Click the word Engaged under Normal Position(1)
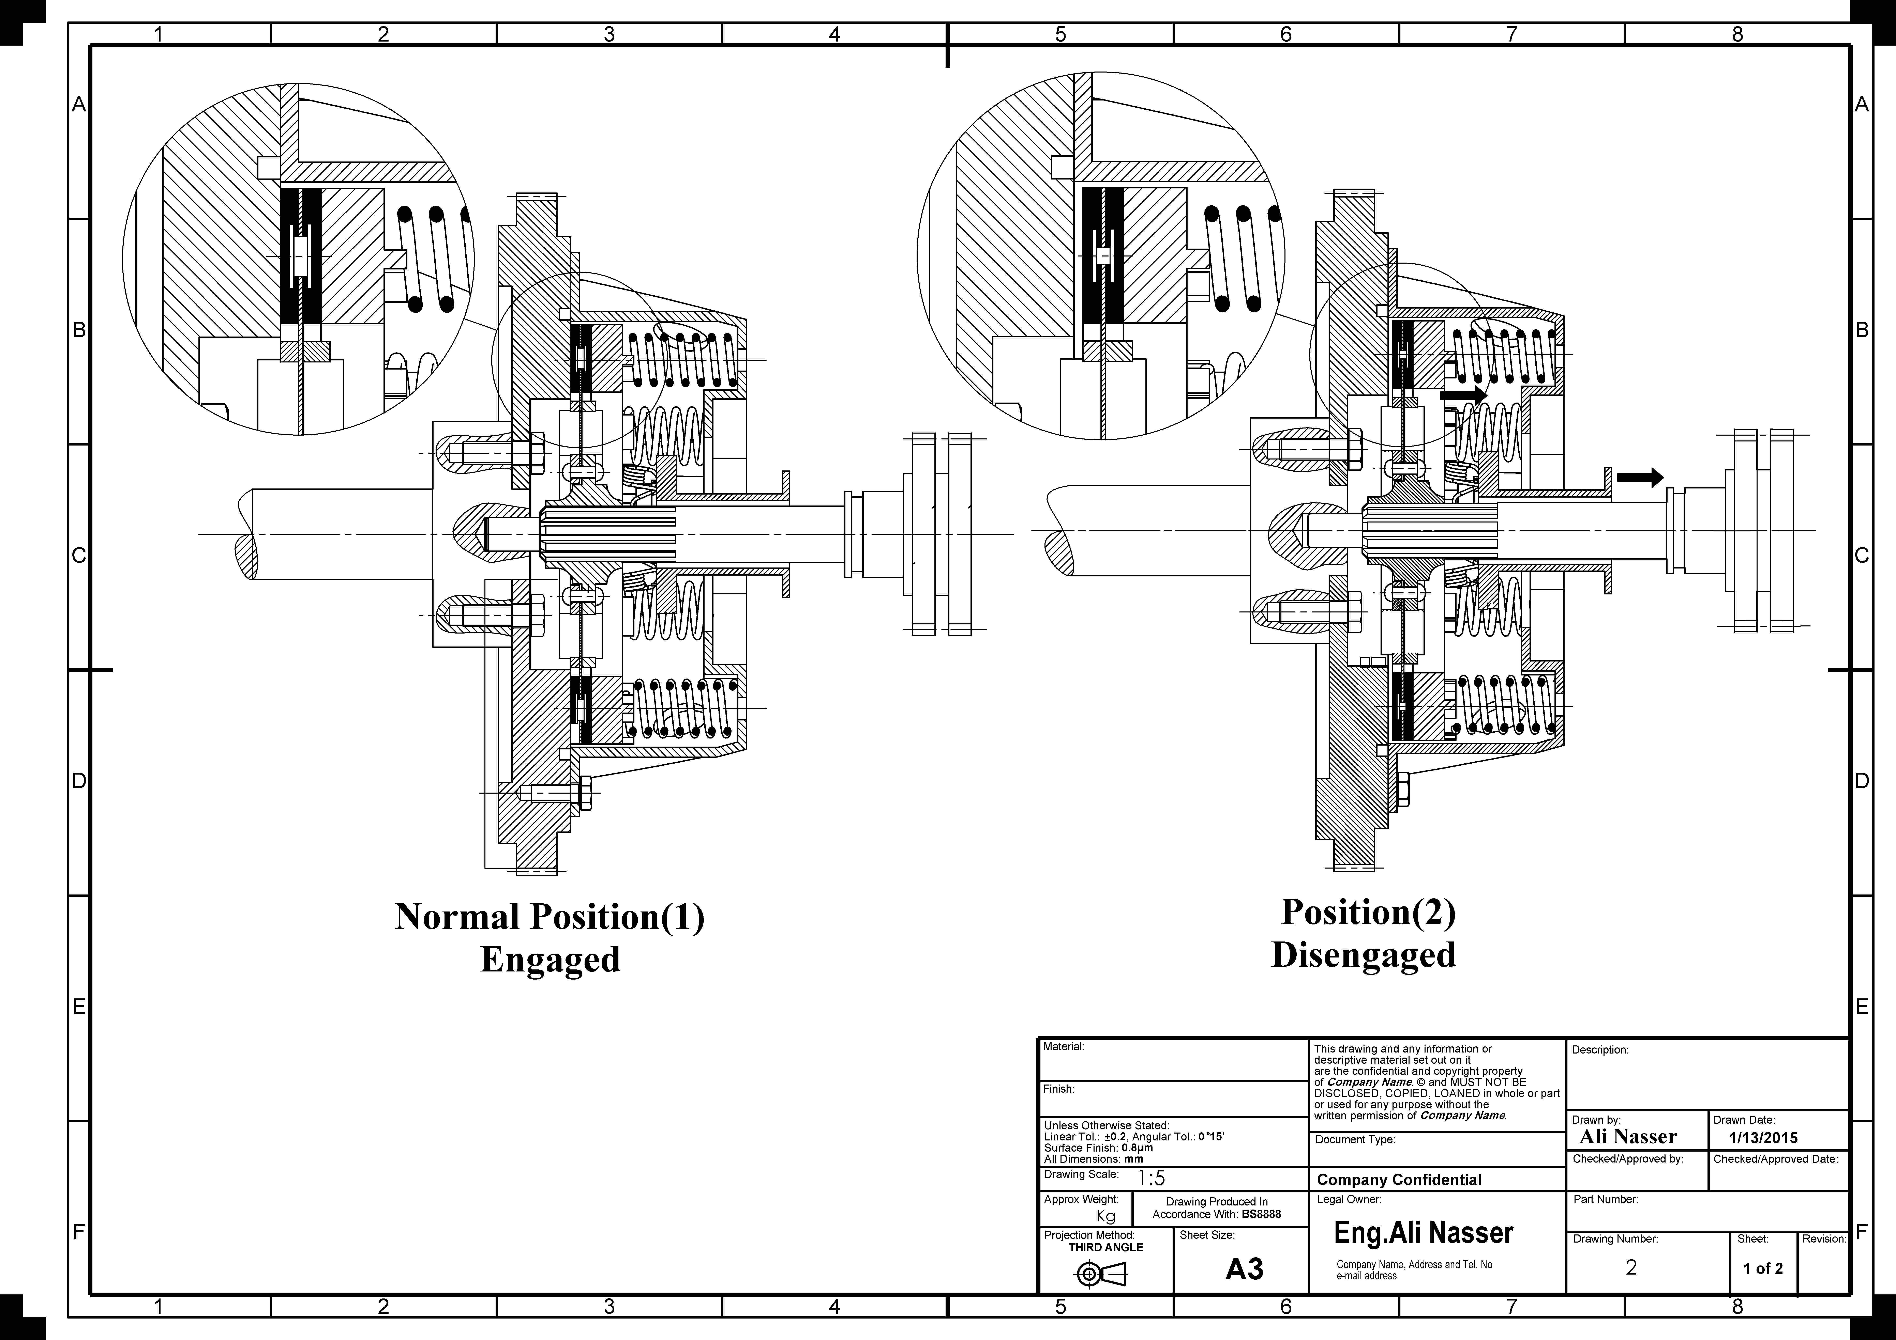pos(550,959)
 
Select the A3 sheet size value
pos(1245,1268)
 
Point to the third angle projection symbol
pos(1101,1275)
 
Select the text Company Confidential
pos(1399,1180)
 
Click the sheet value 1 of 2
pos(1763,1268)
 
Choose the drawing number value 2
pos(1631,1267)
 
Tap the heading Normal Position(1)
pos(550,916)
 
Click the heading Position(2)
pos(1368,911)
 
